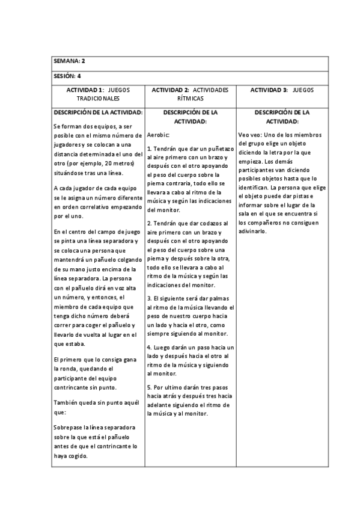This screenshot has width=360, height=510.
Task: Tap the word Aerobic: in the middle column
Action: tap(159, 135)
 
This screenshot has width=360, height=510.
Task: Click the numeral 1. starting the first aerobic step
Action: tap(149, 148)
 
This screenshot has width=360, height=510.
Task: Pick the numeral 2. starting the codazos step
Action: tap(149, 223)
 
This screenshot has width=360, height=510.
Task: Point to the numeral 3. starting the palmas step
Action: tap(149, 298)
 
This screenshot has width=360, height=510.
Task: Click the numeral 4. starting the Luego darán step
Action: tap(149, 348)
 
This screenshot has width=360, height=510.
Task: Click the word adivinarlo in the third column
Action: tap(252, 232)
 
